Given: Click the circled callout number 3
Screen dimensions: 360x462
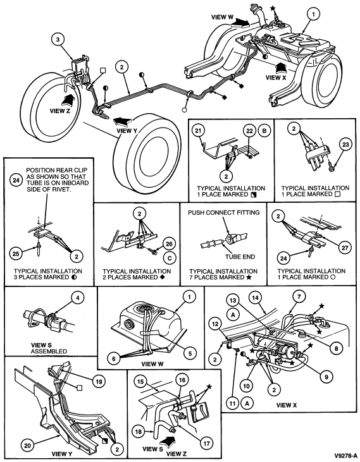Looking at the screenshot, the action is [x=58, y=40].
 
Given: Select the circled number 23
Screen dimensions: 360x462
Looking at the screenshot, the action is [x=345, y=144].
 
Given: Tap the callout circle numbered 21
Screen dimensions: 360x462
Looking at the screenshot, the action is [x=199, y=130].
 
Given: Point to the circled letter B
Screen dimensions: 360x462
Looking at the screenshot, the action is [x=264, y=130].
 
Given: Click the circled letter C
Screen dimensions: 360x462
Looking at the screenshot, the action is [x=169, y=258].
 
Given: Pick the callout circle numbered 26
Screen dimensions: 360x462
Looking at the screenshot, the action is [x=169, y=243].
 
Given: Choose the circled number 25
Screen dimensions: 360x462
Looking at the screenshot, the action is [x=16, y=253].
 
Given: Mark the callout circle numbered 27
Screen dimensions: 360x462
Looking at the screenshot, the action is [x=345, y=248].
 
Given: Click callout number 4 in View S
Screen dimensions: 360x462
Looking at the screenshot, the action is [x=77, y=298].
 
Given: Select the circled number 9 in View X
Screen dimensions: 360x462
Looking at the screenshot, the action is [x=326, y=376].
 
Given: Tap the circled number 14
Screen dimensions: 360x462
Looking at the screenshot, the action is [x=256, y=298].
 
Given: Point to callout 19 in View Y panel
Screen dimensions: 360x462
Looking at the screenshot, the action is [x=99, y=382].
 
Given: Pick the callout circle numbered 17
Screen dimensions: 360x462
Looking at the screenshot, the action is [x=206, y=443].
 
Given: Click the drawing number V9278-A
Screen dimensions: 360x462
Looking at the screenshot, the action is [x=345, y=454].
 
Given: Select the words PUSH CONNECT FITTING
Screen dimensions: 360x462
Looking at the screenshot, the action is [x=224, y=212].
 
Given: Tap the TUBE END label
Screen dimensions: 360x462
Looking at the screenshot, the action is [x=240, y=257].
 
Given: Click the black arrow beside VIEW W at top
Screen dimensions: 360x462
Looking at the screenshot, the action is [x=240, y=21].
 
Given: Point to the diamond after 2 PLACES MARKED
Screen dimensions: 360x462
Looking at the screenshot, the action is [x=162, y=277].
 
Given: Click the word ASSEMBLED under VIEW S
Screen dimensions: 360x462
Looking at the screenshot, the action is [x=49, y=351].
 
